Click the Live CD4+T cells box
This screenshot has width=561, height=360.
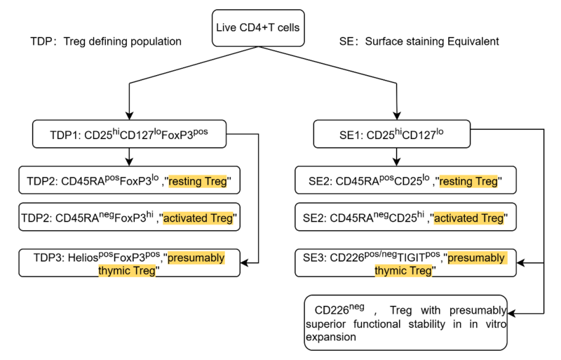coord(258,28)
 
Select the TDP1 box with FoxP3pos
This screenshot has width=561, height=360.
coord(129,134)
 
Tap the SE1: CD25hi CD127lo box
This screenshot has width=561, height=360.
coord(392,134)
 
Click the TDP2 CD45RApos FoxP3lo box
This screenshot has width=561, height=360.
coord(129,180)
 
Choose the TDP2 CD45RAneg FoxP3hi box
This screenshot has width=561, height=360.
coord(129,217)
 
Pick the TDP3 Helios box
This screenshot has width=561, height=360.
coord(129,263)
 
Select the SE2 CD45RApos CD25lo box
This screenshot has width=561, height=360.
coord(405,180)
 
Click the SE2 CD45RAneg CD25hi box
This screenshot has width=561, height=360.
coord(405,217)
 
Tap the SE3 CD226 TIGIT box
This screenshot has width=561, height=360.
coord(405,263)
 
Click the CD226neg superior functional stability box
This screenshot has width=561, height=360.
coord(406,323)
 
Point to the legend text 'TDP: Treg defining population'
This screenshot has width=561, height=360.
coord(106,41)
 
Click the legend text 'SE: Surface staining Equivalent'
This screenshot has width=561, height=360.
coord(419,41)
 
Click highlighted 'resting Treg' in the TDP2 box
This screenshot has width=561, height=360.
coord(198,181)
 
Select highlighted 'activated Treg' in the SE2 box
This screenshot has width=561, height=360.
coord(468,218)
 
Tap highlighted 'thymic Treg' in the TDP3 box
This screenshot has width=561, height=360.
coord(127,270)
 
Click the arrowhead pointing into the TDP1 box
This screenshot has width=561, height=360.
coord(129,116)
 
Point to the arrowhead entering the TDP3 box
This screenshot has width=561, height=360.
coord(244,263)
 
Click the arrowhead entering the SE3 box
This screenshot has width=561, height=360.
coord(520,263)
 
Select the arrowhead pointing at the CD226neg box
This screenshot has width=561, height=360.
coord(512,314)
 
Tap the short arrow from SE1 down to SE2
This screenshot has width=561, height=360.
coord(396,157)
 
